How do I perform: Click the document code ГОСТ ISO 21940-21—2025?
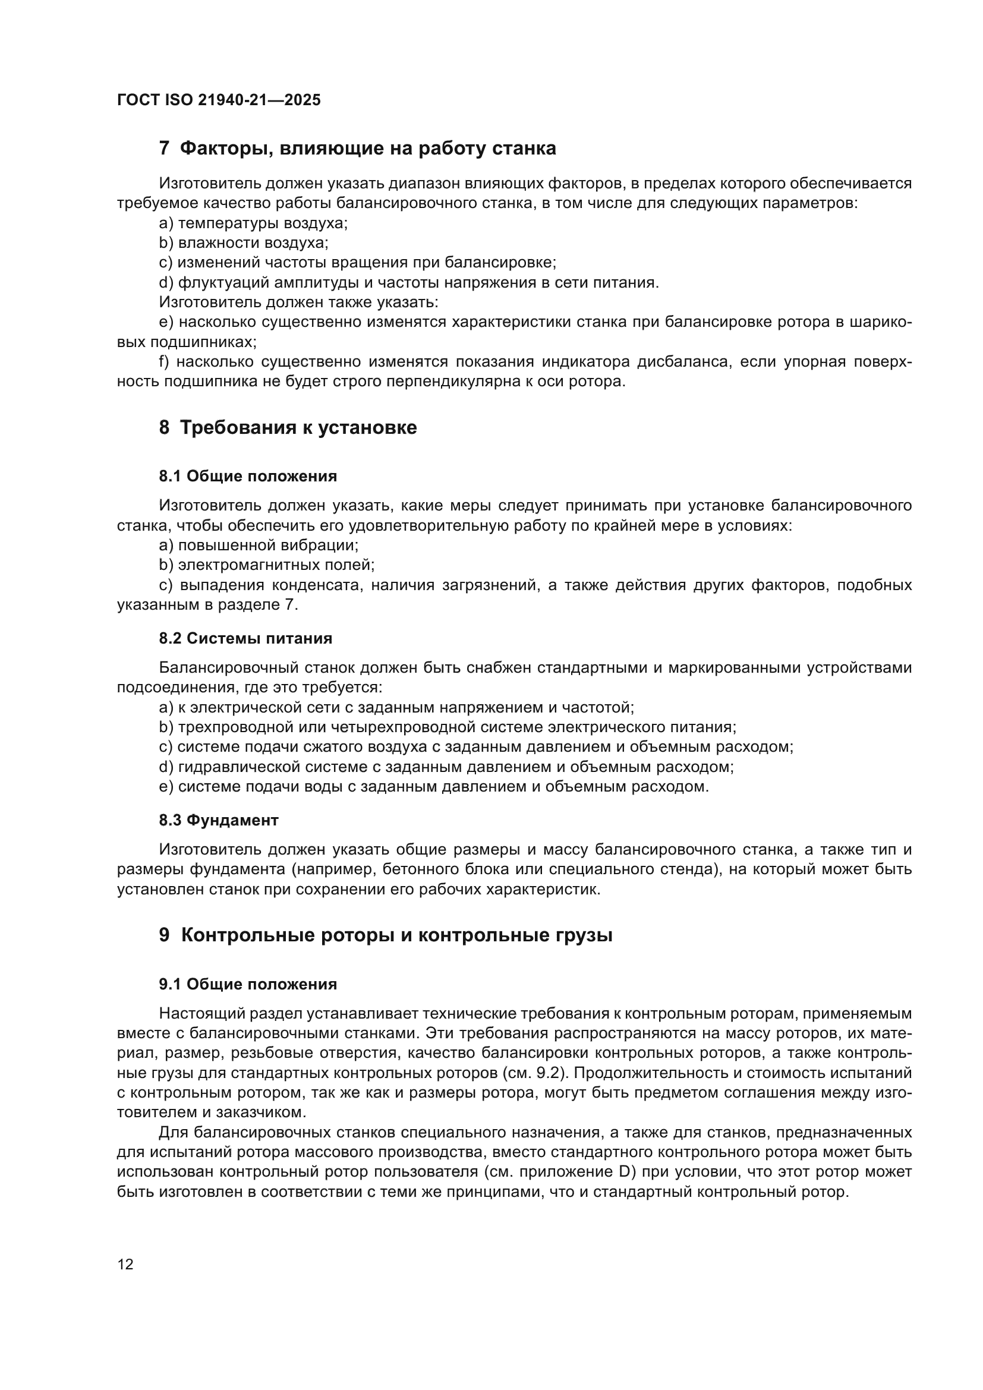coord(219,100)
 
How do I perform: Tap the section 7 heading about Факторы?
coord(357,148)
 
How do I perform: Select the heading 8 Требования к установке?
coord(288,427)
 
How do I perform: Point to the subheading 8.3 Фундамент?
coord(219,820)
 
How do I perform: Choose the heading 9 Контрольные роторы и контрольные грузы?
coord(386,935)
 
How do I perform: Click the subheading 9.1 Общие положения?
coord(248,984)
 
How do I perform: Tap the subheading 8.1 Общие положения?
coord(248,477)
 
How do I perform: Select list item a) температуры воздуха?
coord(253,223)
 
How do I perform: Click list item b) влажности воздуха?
coord(243,243)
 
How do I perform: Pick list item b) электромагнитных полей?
coord(267,565)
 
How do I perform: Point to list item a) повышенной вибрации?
coord(259,545)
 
